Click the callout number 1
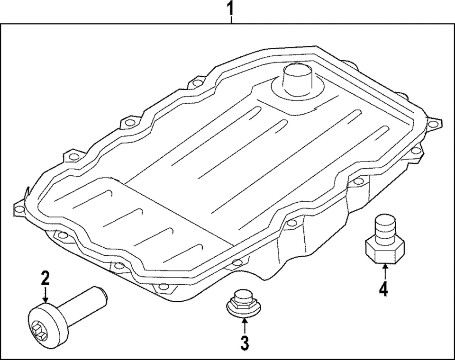click(230, 8)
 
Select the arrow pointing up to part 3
click(244, 325)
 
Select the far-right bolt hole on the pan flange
click(432, 124)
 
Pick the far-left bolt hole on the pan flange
click(19, 208)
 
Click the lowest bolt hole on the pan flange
click(163, 286)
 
